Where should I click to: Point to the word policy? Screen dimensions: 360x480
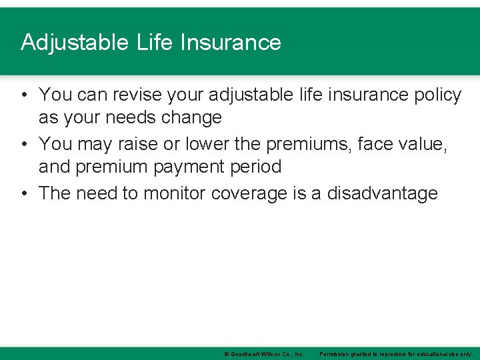pos(433,95)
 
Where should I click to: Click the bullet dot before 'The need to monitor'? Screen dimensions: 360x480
pos(23,193)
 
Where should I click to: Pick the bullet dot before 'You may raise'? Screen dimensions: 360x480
pos(23,143)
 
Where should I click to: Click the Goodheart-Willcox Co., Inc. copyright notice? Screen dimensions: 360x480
pos(264,353)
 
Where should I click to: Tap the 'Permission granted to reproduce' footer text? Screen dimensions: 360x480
pos(396,353)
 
